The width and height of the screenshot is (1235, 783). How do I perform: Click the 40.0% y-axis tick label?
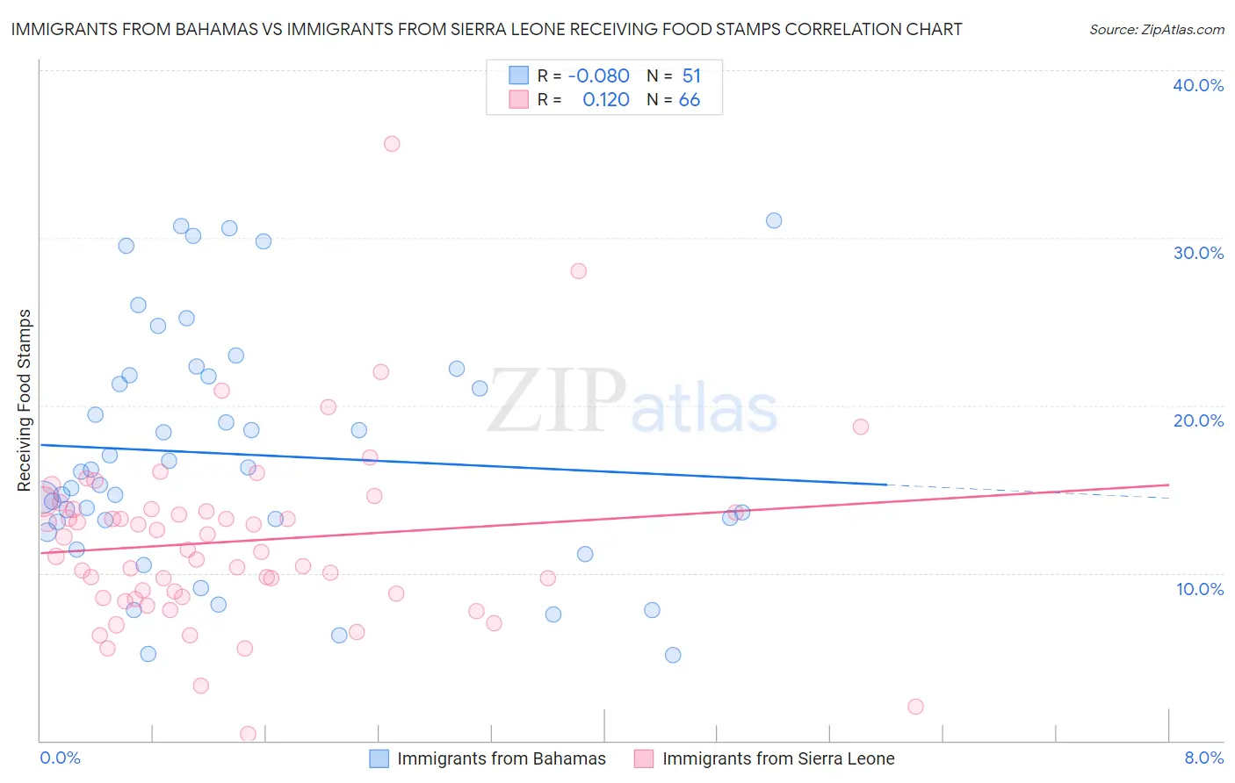(1198, 85)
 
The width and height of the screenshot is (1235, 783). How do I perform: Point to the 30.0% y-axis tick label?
(1198, 253)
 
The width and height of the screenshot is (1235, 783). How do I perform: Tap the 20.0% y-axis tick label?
(1198, 420)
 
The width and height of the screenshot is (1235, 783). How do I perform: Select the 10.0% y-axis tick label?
(1200, 589)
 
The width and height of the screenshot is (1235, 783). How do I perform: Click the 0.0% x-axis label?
(60, 758)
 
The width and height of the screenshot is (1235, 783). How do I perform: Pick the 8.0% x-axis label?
(1203, 758)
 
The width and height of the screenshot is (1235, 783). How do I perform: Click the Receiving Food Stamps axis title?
(25, 400)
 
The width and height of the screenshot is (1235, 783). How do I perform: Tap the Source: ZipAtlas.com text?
(1157, 30)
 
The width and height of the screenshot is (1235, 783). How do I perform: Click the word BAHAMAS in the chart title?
(210, 29)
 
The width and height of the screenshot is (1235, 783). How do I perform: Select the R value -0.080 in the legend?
(598, 76)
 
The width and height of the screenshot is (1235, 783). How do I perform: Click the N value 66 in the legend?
(690, 100)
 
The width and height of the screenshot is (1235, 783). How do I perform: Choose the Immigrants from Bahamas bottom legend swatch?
(379, 758)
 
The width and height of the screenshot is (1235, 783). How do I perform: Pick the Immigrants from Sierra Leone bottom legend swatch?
(644, 758)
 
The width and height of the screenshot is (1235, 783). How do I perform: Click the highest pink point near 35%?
(392, 144)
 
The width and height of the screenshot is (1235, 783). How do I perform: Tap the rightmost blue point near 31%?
(774, 220)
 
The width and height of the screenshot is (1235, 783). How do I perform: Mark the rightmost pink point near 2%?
(915, 707)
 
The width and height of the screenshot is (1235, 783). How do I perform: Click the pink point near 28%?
(578, 270)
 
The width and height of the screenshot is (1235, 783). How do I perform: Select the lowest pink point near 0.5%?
(249, 734)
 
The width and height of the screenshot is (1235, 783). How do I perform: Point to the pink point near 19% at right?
(861, 427)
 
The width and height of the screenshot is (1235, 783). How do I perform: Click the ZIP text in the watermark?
(557, 401)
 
